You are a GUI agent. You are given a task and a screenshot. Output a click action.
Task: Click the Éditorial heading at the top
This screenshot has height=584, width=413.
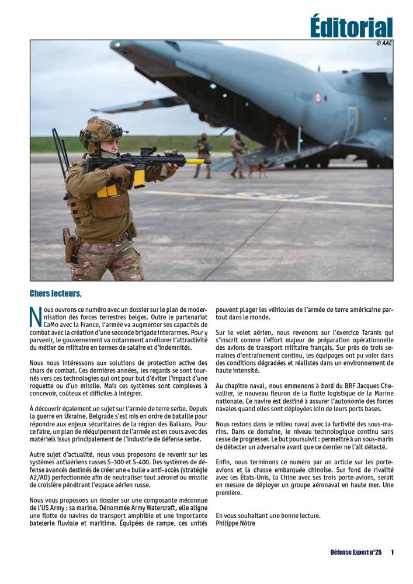point(351,27)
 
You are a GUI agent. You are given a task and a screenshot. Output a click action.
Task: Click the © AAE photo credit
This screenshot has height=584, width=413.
point(383,43)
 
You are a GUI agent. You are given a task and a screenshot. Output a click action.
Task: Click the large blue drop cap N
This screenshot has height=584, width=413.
point(36,315)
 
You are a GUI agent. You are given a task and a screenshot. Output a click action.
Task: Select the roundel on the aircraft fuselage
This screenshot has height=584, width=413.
point(318,98)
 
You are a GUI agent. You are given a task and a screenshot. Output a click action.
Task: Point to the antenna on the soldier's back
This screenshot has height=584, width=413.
point(60,149)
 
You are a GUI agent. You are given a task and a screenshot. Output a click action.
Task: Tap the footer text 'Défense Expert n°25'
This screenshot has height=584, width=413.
point(355,552)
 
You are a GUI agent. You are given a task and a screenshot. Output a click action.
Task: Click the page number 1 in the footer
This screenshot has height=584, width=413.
point(392,552)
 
